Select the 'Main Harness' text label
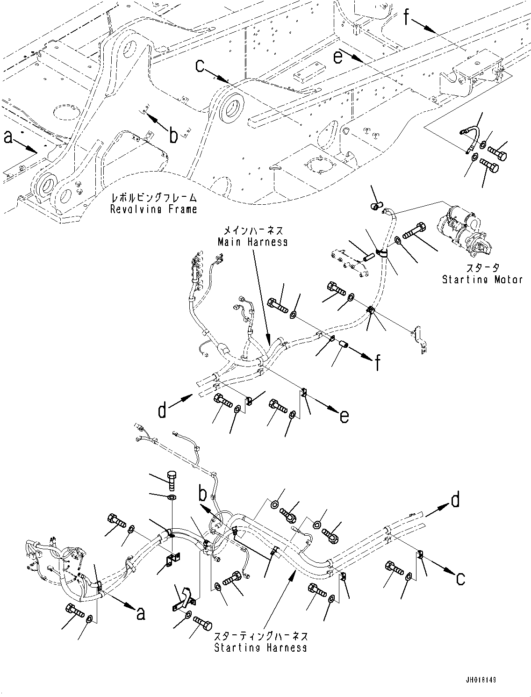pyautogui.click(x=252, y=242)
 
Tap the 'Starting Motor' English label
pyautogui.click(x=482, y=280)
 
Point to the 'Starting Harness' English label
pyautogui.click(x=260, y=647)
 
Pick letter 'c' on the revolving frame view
pyautogui.click(x=200, y=66)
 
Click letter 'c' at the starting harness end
pyautogui.click(x=460, y=579)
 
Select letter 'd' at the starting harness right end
pyautogui.click(x=455, y=500)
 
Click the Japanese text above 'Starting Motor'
pyautogui.click(x=482, y=267)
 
